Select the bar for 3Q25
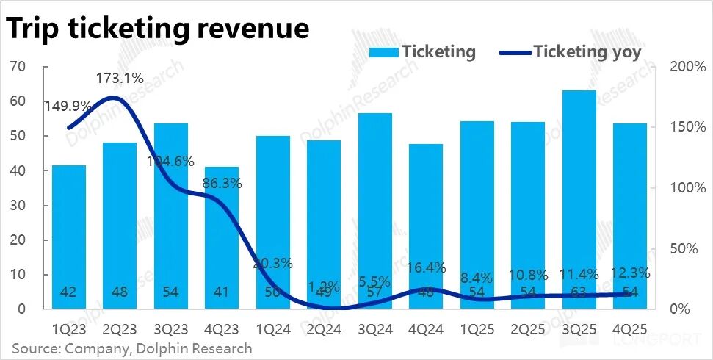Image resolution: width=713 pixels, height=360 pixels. coord(579,198)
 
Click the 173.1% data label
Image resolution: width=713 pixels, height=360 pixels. coord(120,78)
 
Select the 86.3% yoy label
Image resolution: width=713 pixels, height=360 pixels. coord(222,184)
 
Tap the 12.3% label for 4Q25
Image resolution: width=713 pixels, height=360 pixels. coord(630,273)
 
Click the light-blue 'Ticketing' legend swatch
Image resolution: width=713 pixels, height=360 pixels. coord(383,52)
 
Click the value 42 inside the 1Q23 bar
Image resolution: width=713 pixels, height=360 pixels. coord(68,292)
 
